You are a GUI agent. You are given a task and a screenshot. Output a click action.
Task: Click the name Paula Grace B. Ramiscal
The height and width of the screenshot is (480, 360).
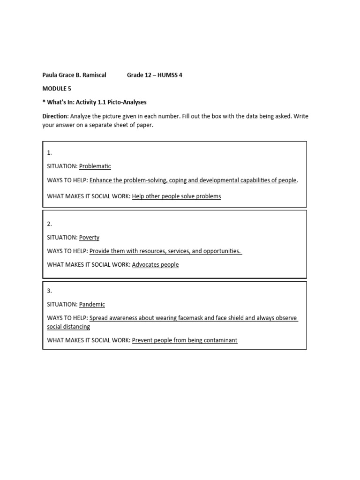click(x=74, y=75)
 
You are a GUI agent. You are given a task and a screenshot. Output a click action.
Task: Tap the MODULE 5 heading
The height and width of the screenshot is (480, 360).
click(x=57, y=88)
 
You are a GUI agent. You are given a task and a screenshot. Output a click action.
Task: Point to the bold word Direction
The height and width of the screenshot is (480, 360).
click(x=55, y=116)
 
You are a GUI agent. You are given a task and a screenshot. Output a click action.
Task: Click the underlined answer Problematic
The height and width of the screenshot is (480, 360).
click(x=95, y=166)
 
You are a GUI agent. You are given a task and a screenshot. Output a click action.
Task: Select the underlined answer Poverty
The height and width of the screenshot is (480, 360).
click(x=89, y=237)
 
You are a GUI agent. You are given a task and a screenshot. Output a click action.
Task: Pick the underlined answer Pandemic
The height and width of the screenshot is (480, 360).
click(x=92, y=304)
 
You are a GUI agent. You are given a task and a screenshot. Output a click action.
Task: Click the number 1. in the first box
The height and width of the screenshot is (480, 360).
click(x=49, y=152)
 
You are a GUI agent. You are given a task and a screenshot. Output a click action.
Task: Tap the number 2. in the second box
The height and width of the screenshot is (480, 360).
click(x=49, y=224)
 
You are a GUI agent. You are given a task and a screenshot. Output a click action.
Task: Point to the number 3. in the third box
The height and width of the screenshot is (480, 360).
click(x=49, y=291)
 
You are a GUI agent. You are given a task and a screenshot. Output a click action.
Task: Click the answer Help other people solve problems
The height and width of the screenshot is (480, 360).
click(x=176, y=196)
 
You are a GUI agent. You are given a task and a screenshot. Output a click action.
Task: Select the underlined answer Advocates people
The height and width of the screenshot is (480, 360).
click(x=155, y=264)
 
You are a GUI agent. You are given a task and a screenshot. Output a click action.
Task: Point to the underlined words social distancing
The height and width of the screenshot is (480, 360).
click(x=68, y=326)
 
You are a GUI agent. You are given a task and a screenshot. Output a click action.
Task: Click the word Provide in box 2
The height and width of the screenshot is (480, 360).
click(x=100, y=251)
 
